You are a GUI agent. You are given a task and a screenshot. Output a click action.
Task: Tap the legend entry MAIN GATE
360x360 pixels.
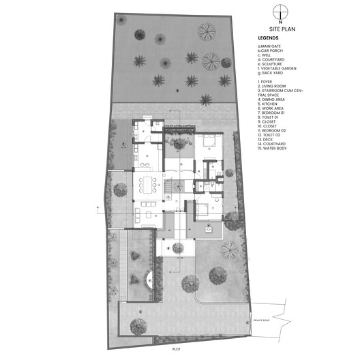[271, 46]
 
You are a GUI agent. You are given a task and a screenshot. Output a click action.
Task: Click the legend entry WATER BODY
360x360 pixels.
[275, 149]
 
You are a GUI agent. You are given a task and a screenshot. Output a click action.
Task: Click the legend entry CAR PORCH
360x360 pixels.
[271, 51]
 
